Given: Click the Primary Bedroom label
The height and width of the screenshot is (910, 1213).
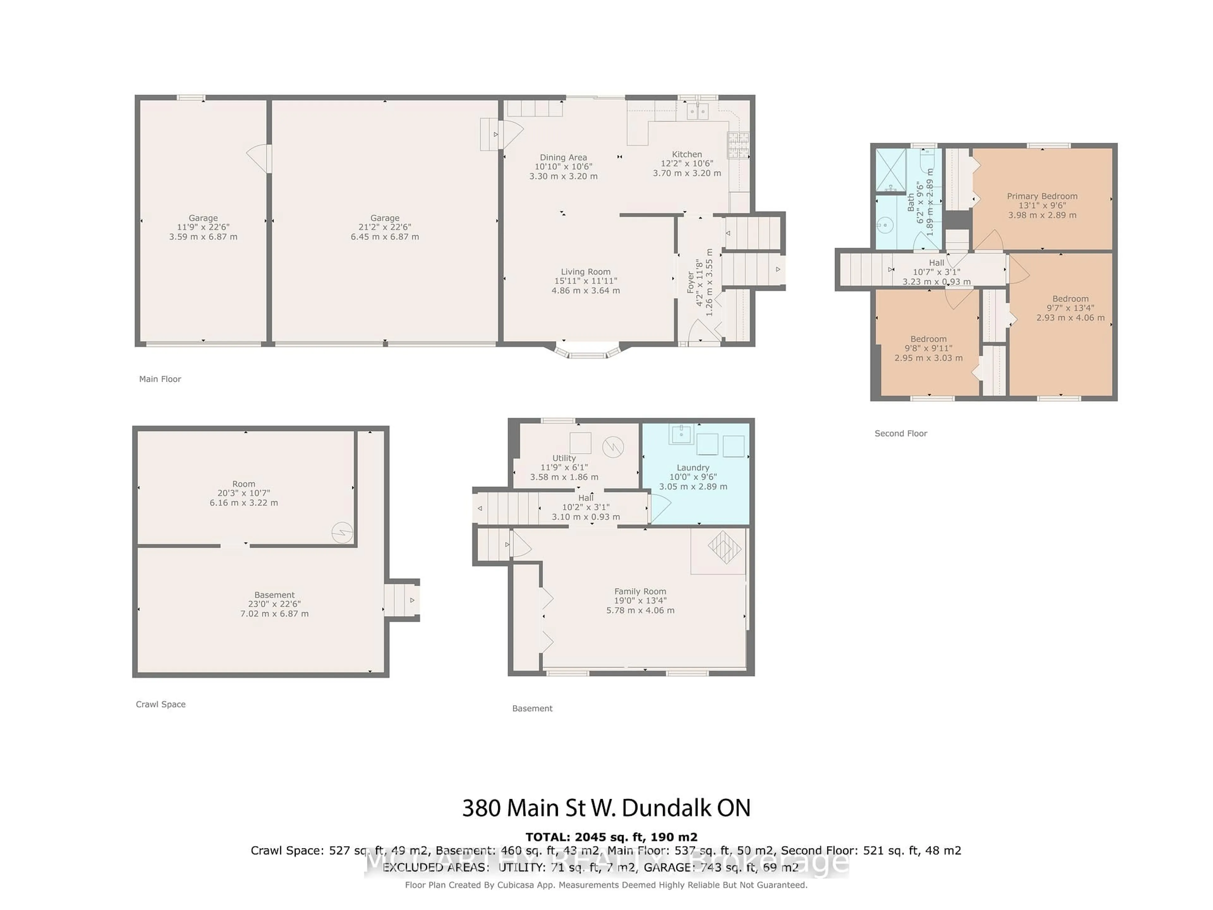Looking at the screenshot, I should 1042,196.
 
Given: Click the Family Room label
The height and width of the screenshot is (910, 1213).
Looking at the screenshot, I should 640,591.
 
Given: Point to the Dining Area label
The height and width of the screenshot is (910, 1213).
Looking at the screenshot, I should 563,157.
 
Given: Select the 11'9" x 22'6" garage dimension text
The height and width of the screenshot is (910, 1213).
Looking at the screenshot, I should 203,227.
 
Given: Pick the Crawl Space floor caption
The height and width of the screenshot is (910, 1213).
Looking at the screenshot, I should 161,704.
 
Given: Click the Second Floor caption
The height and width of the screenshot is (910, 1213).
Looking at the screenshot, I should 900,433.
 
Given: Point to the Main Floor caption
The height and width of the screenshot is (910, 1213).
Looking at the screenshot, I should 160,379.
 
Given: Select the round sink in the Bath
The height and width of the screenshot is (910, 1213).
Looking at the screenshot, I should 884,225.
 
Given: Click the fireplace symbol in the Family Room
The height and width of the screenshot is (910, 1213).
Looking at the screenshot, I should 724,548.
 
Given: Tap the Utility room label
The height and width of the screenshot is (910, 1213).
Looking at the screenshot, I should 564,458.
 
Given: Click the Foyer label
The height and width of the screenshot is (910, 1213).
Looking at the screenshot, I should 691,282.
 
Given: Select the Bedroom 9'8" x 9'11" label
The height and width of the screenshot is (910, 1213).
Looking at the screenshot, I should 928,339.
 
